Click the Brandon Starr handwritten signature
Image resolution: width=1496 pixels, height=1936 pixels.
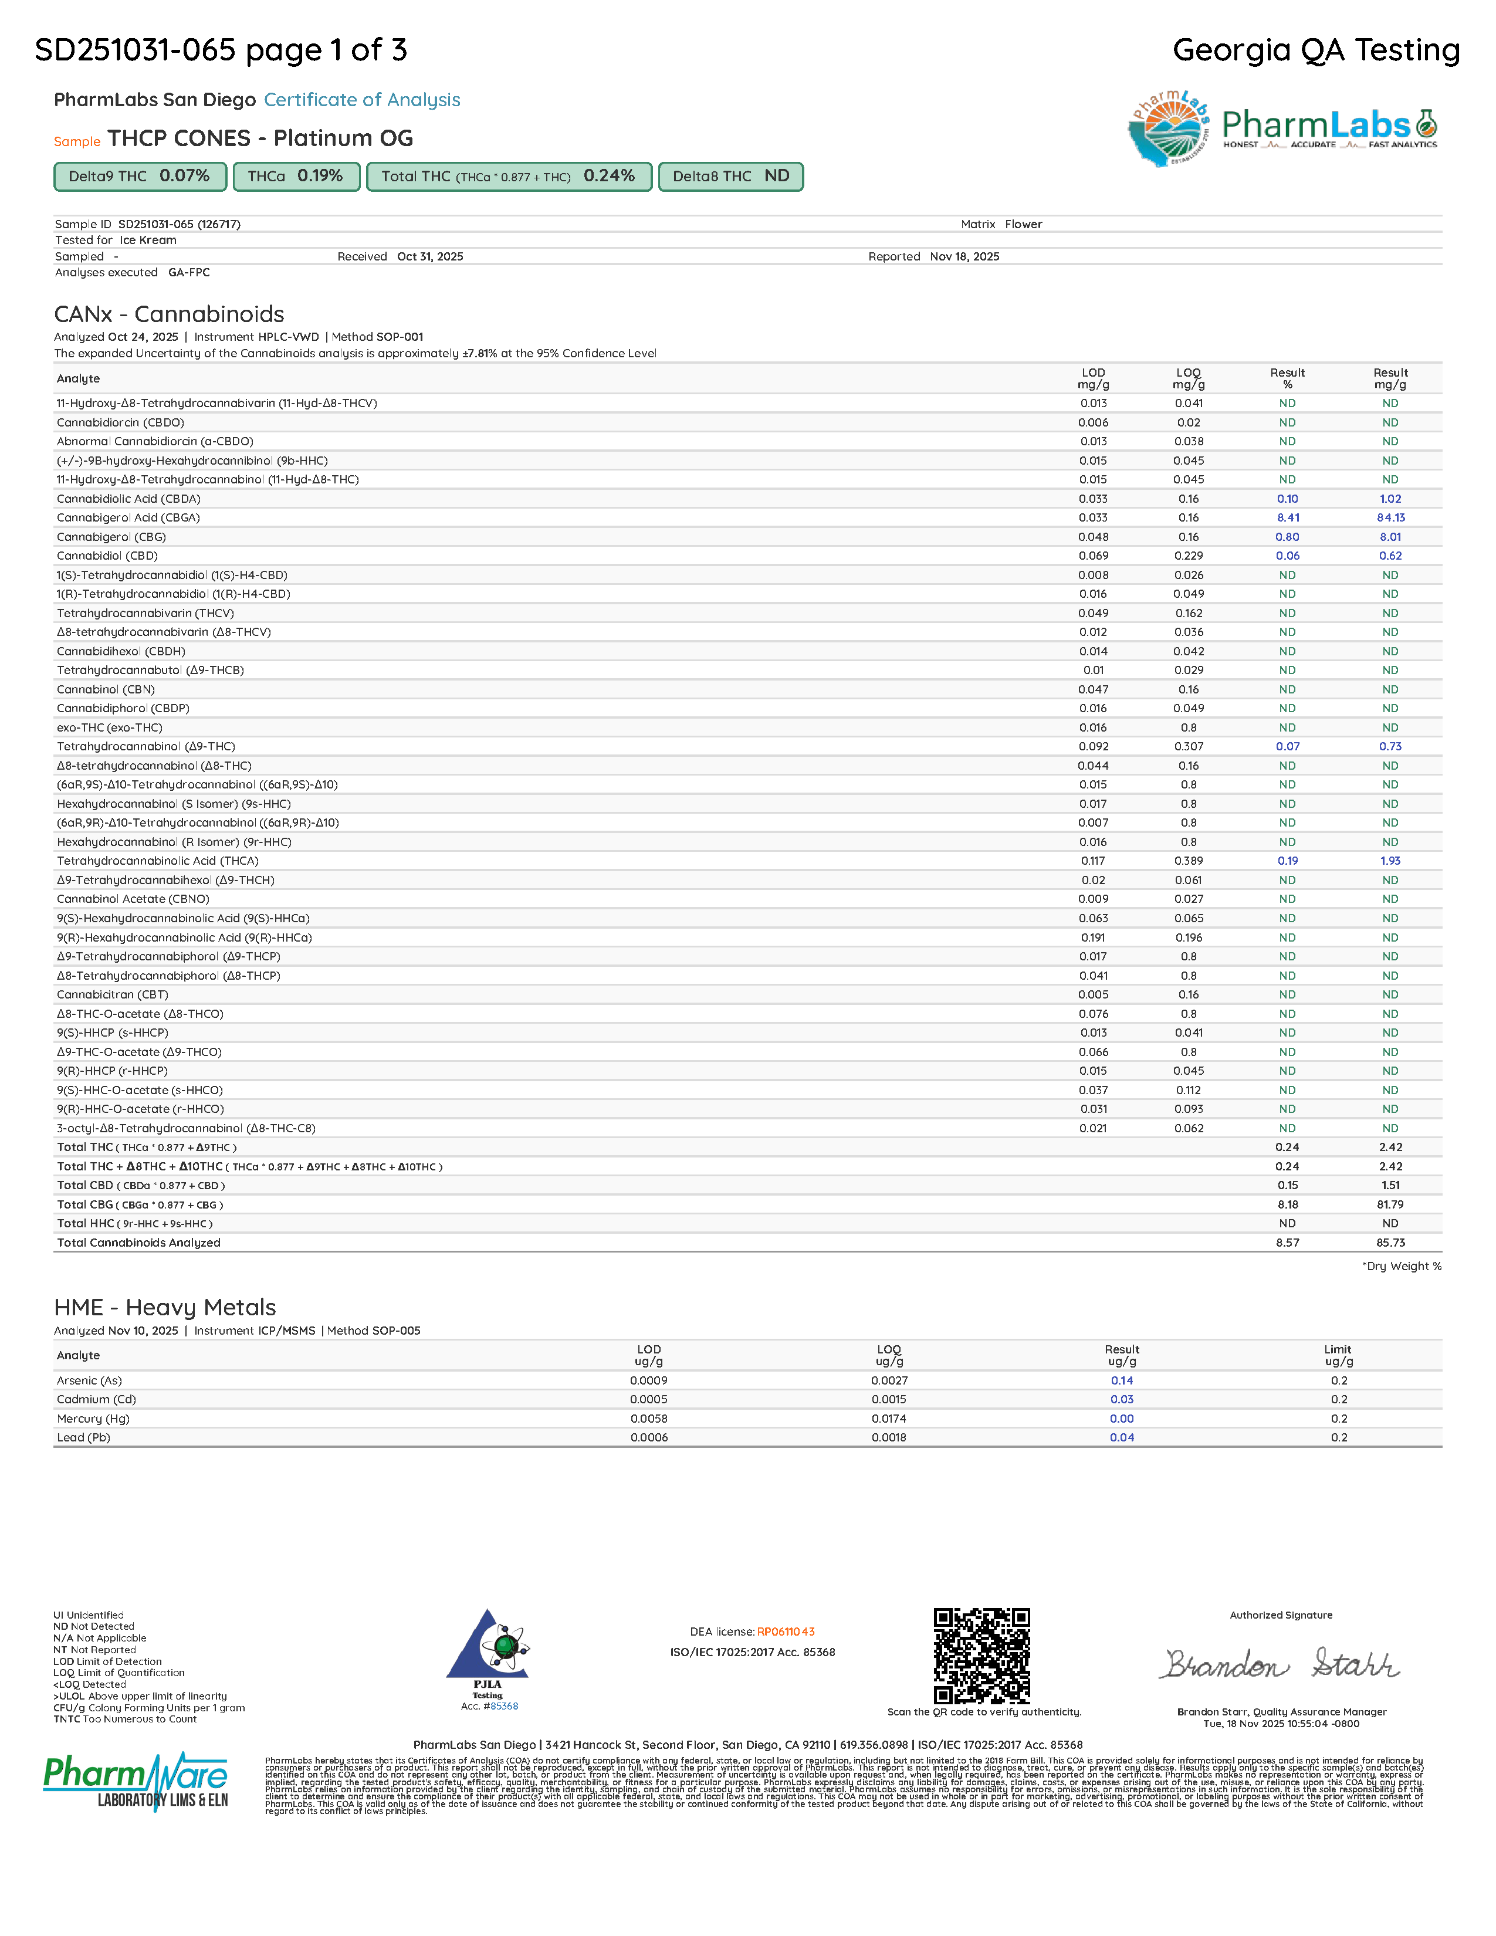pyautogui.click(x=1281, y=1665)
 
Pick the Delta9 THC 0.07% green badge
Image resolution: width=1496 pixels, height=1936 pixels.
pyautogui.click(x=140, y=177)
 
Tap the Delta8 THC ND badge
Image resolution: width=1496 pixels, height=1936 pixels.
pyautogui.click(x=730, y=177)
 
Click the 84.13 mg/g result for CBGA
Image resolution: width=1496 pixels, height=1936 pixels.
pyautogui.click(x=1390, y=517)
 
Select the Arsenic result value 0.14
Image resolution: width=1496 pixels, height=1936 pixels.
pyautogui.click(x=1122, y=1380)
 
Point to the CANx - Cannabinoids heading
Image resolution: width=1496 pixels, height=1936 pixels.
pyautogui.click(x=170, y=314)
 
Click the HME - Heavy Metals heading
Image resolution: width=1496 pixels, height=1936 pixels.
pyautogui.click(x=165, y=1308)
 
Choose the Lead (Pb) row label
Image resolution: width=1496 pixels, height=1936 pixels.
pyautogui.click(x=83, y=1438)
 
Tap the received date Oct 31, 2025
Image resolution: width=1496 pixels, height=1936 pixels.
pyautogui.click(x=430, y=257)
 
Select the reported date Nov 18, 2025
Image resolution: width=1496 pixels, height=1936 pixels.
pyautogui.click(x=964, y=257)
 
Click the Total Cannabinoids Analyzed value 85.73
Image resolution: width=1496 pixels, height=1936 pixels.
pyautogui.click(x=1390, y=1243)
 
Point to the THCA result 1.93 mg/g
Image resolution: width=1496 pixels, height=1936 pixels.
pyautogui.click(x=1390, y=861)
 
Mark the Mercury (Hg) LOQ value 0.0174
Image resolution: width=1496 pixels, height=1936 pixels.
pyautogui.click(x=889, y=1419)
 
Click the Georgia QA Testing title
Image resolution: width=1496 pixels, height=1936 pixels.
pyautogui.click(x=1316, y=50)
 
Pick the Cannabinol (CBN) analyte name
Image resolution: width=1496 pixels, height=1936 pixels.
pyautogui.click(x=106, y=690)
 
